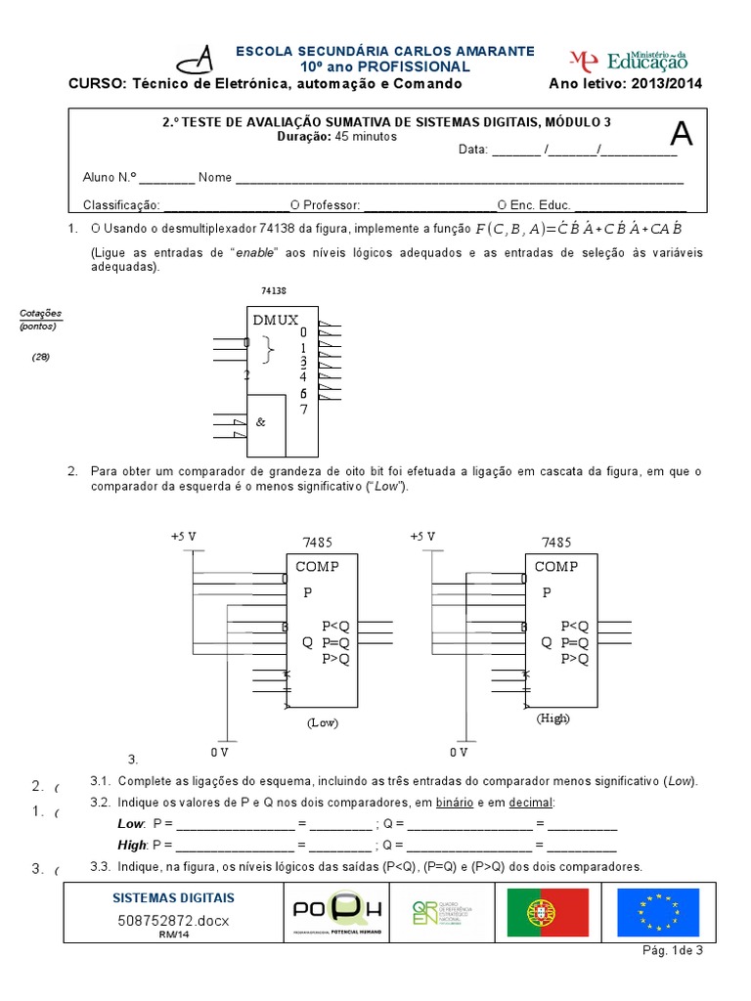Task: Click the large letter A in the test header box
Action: [x=681, y=136]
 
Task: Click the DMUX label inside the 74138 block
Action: [x=276, y=320]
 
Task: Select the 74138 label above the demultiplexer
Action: [x=274, y=290]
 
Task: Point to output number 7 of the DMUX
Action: [x=304, y=409]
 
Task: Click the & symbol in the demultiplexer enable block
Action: [x=260, y=422]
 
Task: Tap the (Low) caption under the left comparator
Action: [x=322, y=722]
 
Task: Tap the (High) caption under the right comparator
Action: [x=552, y=718]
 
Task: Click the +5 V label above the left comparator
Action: [x=183, y=537]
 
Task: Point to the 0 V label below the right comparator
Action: [x=460, y=753]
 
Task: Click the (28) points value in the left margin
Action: [x=40, y=357]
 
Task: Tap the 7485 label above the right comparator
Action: [x=555, y=542]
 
